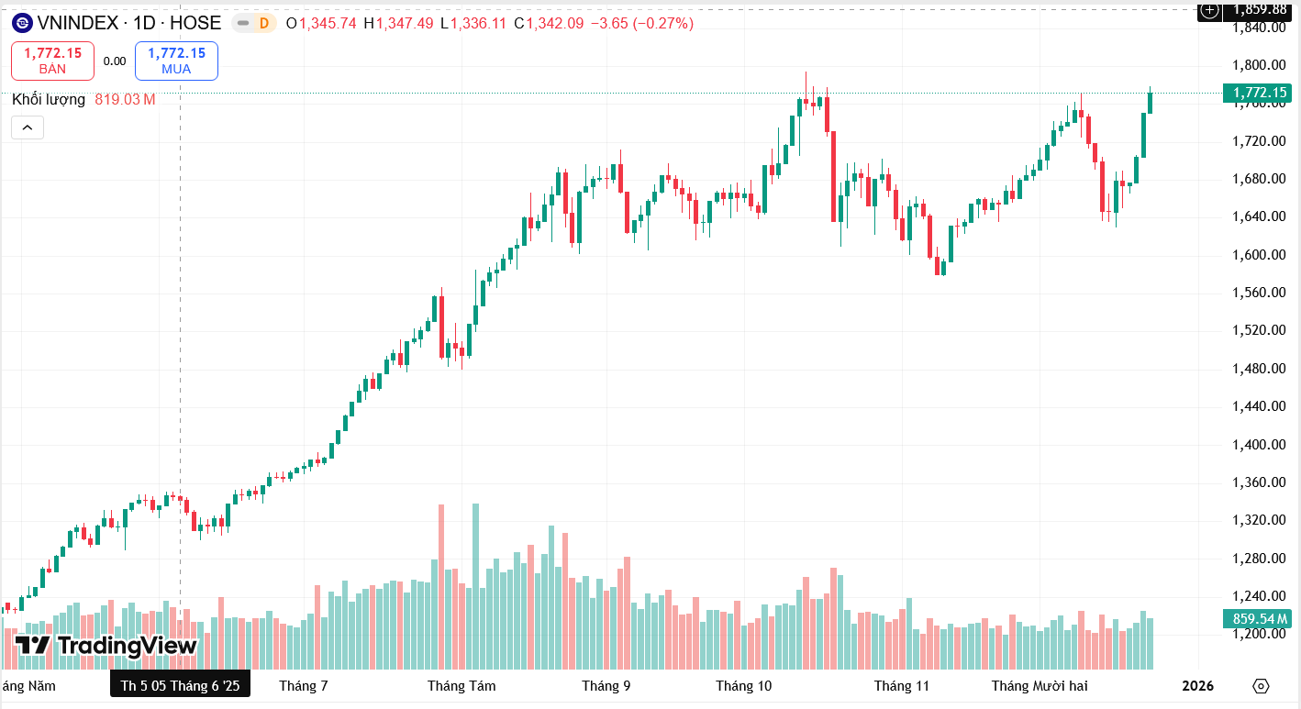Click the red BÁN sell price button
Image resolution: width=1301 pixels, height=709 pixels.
(52, 61)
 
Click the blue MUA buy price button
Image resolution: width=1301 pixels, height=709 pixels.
(176, 61)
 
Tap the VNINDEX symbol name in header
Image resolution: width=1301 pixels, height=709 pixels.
(78, 23)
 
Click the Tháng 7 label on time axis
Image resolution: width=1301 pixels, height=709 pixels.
(304, 686)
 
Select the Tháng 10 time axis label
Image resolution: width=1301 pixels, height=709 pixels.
(744, 686)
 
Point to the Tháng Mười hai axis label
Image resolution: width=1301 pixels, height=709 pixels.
(1040, 686)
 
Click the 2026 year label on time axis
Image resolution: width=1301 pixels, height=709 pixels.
(1197, 686)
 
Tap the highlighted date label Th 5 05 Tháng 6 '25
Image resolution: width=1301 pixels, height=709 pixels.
(180, 686)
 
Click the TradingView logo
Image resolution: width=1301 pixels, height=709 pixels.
(106, 646)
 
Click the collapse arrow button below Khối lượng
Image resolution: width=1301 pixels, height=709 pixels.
(28, 127)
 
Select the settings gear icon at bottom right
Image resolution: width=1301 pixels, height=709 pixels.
(1261, 686)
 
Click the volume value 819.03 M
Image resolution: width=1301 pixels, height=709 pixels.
(125, 99)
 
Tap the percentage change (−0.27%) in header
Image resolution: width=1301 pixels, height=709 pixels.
(663, 23)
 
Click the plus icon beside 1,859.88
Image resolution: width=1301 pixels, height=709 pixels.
(1209, 10)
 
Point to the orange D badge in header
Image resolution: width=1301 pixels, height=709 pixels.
(264, 23)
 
